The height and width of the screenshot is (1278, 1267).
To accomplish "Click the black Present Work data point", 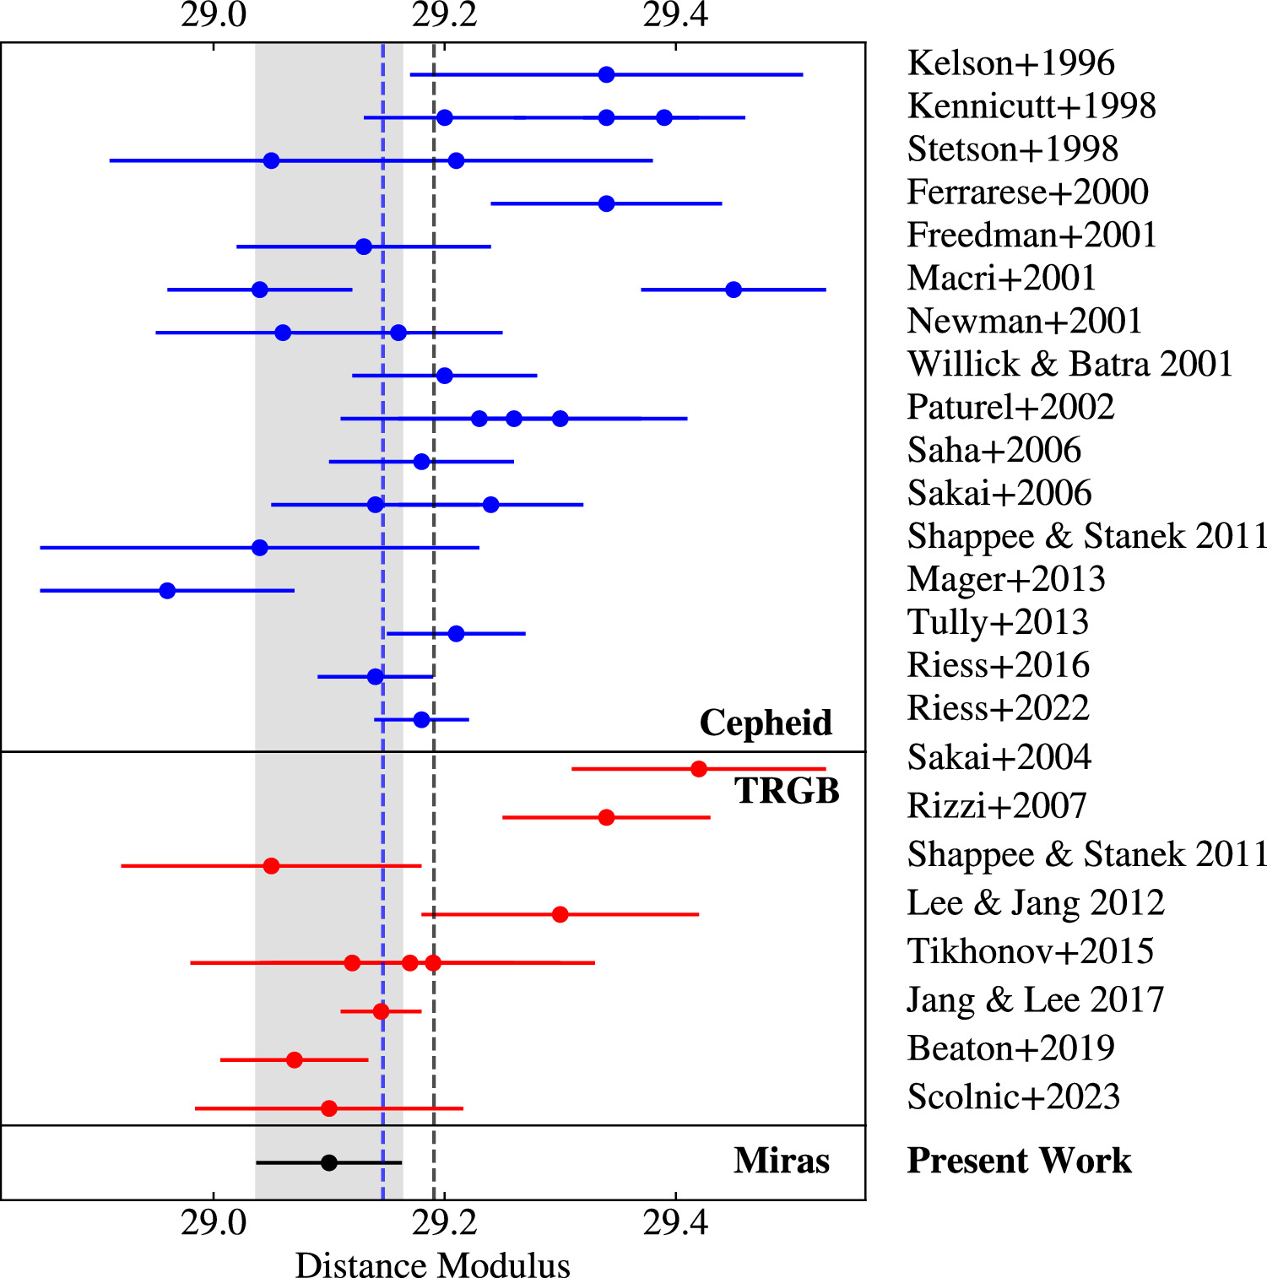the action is click(329, 1162).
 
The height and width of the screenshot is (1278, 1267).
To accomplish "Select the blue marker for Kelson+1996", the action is click(606, 74).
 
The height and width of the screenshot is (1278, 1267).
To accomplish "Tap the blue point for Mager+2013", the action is click(167, 590).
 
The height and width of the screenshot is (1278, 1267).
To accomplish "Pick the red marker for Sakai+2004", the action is click(698, 768).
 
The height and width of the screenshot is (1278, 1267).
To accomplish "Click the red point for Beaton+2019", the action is click(294, 1059).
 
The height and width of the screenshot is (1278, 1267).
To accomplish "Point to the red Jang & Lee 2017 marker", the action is click(381, 1010).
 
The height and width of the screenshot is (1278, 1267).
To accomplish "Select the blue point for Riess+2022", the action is click(421, 719).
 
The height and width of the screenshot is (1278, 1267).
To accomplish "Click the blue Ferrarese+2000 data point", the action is click(606, 203).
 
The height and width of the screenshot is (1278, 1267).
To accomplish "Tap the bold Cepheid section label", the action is click(766, 723).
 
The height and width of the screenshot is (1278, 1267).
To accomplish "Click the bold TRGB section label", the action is click(787, 791).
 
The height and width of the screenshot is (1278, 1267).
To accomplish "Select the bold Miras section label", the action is click(782, 1161).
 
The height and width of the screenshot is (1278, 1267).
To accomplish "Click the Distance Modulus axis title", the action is click(432, 1264).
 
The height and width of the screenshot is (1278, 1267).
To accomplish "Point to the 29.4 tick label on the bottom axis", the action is click(675, 1222).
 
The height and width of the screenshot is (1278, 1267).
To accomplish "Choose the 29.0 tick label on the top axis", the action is click(214, 14).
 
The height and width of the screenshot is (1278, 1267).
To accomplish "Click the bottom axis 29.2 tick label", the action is click(444, 1222).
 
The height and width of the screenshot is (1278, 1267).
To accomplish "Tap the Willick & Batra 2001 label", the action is click(1070, 364).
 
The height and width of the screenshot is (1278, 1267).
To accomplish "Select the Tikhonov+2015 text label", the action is click(1031, 951).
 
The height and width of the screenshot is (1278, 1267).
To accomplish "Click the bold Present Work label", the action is click(1019, 1161).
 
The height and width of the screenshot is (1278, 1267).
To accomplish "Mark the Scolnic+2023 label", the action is click(1014, 1097).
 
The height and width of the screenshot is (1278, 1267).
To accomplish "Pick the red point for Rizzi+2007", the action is click(606, 817).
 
